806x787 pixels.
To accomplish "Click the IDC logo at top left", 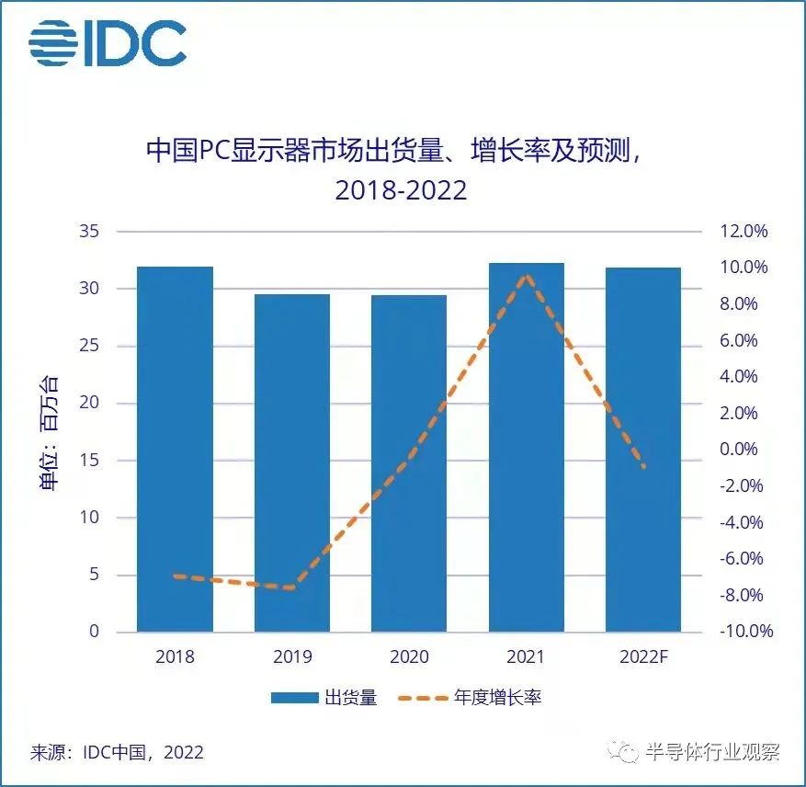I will click(107, 42).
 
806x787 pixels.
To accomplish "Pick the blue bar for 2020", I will click(409, 463).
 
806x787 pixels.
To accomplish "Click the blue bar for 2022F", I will click(643, 450).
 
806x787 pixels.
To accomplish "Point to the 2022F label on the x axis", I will click(643, 657).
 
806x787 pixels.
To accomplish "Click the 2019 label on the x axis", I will click(292, 657).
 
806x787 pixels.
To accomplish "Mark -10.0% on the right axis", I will click(741, 632).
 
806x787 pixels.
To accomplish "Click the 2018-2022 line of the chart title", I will click(401, 190).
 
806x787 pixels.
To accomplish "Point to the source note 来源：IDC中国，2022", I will click(117, 752).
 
